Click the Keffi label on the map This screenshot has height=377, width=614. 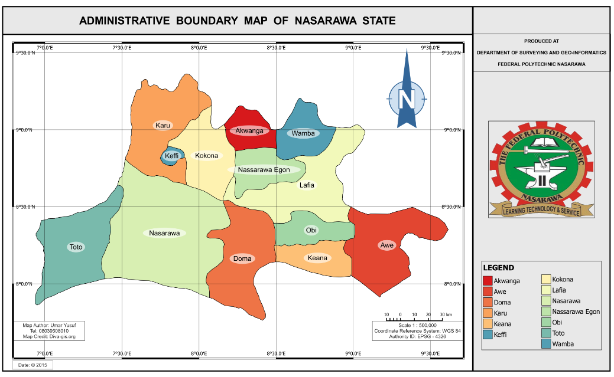[x=172, y=156]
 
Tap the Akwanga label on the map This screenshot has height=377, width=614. [x=249, y=130]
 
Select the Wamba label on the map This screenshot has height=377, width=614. [x=303, y=133]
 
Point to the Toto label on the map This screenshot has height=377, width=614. [x=76, y=247]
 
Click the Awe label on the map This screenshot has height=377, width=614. [x=386, y=245]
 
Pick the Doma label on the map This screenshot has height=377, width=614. [x=242, y=258]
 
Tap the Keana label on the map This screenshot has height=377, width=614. [x=317, y=258]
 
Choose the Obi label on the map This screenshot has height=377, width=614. [x=311, y=230]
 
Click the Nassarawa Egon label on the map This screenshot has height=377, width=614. [x=264, y=170]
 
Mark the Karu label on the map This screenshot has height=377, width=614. [x=163, y=125]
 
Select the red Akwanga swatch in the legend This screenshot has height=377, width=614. [x=488, y=281]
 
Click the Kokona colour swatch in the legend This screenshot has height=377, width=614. [x=547, y=280]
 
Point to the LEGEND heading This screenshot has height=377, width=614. [x=498, y=268]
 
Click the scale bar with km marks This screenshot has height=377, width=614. [x=417, y=317]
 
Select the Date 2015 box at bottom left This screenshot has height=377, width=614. [x=33, y=365]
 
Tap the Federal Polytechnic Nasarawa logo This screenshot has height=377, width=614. [x=541, y=170]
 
